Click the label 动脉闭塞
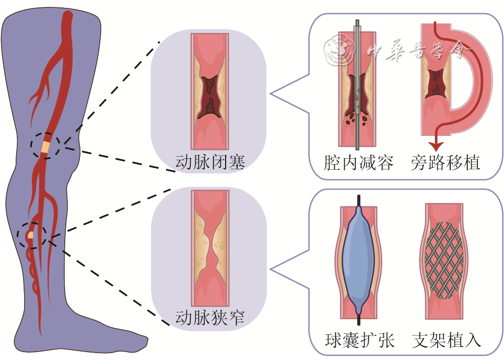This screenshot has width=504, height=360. pos(210,162)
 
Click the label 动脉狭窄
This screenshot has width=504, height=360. pos(210,317)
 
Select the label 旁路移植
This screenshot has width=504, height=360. pos(445,162)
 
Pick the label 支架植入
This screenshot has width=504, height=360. pos(446,340)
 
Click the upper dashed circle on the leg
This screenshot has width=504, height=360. pos(44,145)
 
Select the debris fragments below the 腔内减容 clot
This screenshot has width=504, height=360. pos(357,119)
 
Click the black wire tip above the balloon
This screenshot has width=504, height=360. pos(359,200)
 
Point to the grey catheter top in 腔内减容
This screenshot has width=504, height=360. pos(357,24)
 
